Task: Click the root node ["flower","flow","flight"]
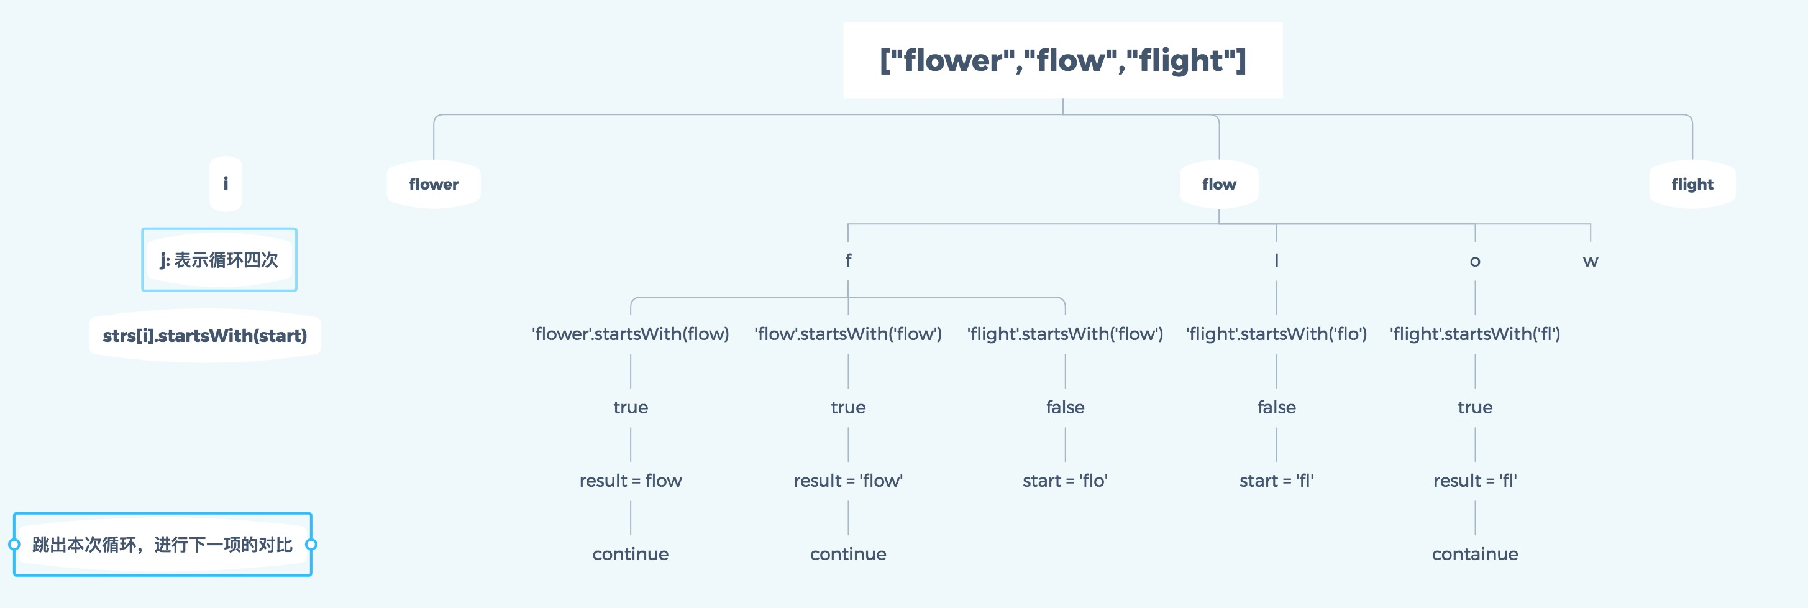coord(1062,60)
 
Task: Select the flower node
coord(434,184)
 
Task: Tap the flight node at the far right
coord(1692,184)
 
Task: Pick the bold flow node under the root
coord(1219,184)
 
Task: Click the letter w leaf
coord(1591,261)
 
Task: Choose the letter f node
coord(848,260)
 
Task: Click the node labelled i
coord(226,184)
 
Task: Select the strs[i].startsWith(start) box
coord(205,336)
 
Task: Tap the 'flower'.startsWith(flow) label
coord(630,334)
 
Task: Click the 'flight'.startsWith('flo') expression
coord(1276,334)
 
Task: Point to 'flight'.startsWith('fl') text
coord(1474,334)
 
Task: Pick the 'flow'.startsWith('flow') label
coord(848,334)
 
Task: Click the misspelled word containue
coord(1474,554)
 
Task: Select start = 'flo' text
coord(1065,481)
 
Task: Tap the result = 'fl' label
coord(1474,481)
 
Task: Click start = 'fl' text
coord(1276,481)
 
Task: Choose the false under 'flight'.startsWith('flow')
coord(1065,407)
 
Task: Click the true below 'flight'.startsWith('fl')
coord(1474,407)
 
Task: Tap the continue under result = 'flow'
coord(848,554)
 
